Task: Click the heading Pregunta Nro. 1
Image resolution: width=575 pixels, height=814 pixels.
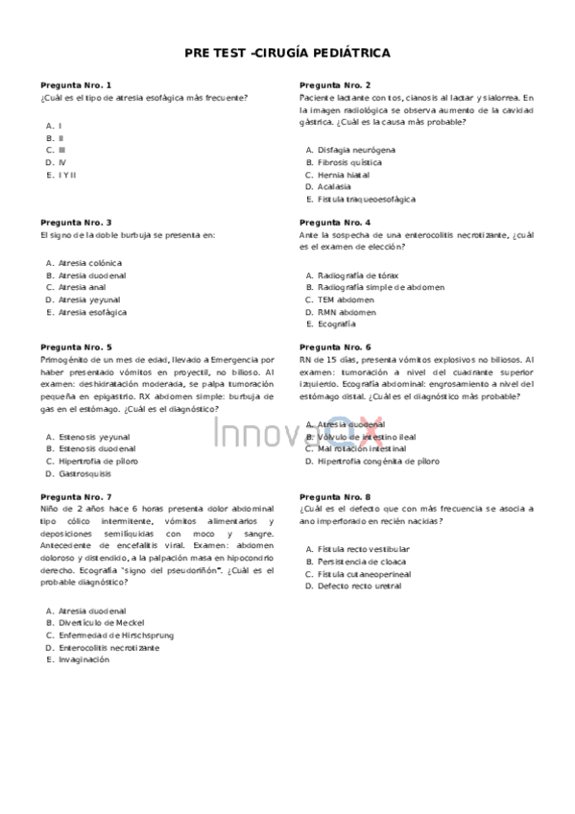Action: (76, 85)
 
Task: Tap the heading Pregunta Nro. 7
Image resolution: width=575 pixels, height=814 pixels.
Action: (76, 496)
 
